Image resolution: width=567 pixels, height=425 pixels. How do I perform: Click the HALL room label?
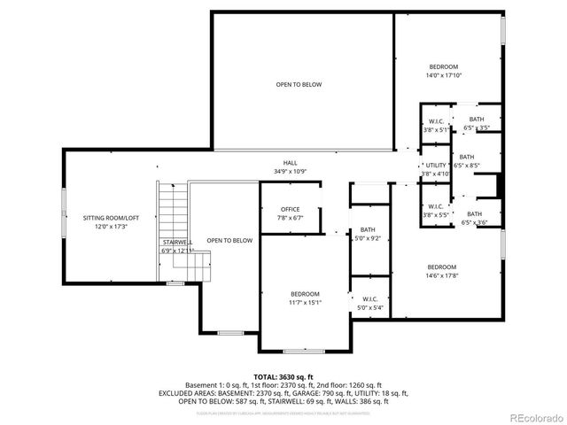[290, 162]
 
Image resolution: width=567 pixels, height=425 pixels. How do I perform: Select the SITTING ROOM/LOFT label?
[112, 217]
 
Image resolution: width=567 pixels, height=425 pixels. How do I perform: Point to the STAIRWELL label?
[177, 243]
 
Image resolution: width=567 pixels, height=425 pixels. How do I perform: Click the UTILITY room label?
[436, 166]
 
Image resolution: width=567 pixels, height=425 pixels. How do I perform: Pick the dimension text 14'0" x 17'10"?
[444, 75]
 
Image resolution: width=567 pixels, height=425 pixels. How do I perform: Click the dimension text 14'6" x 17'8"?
[441, 275]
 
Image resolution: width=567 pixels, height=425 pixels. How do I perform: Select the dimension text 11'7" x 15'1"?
[306, 302]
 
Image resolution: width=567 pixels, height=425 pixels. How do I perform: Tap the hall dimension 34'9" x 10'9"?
[290, 171]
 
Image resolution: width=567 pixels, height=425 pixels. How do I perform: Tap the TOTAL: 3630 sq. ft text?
[283, 376]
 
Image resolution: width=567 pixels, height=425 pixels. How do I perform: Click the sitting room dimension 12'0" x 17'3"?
[112, 226]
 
